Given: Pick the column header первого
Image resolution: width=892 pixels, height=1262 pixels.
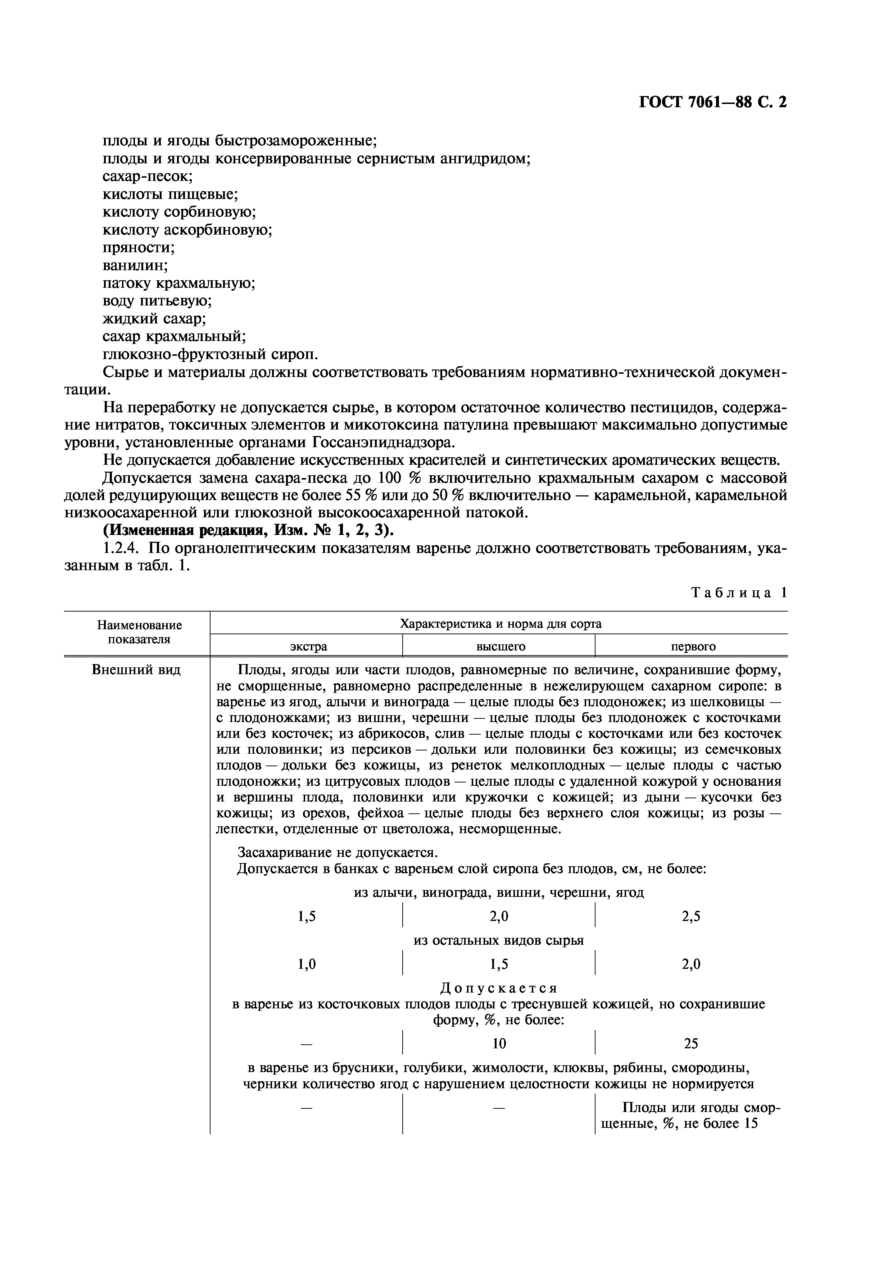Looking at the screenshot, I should (693, 646).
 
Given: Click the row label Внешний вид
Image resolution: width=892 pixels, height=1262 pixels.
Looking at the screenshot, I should (136, 671).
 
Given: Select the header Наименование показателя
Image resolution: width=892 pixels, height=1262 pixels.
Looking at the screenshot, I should (139, 632).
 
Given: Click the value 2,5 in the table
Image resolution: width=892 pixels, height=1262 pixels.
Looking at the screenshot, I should (691, 916).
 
